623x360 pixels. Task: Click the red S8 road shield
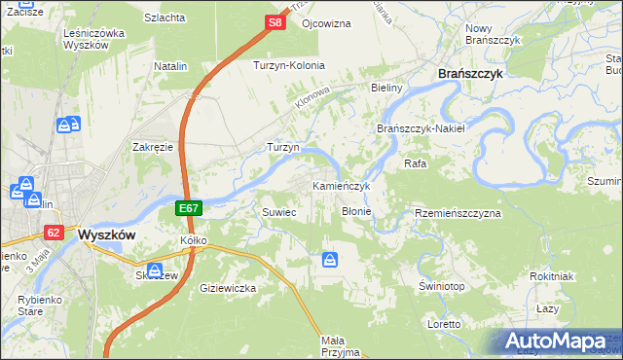(x=275, y=21)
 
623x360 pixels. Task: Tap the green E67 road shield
(x=190, y=209)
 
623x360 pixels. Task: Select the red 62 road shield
(x=54, y=233)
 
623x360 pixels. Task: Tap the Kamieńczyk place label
(x=341, y=186)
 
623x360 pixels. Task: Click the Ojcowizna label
(x=326, y=22)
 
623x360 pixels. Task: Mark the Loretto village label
(x=444, y=323)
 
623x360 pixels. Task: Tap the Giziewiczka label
(x=227, y=288)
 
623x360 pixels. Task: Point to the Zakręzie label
(x=153, y=147)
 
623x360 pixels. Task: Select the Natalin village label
(x=170, y=66)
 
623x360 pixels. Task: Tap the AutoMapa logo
(x=555, y=342)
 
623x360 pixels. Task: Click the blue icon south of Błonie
(x=330, y=260)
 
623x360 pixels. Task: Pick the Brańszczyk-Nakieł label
(x=421, y=128)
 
